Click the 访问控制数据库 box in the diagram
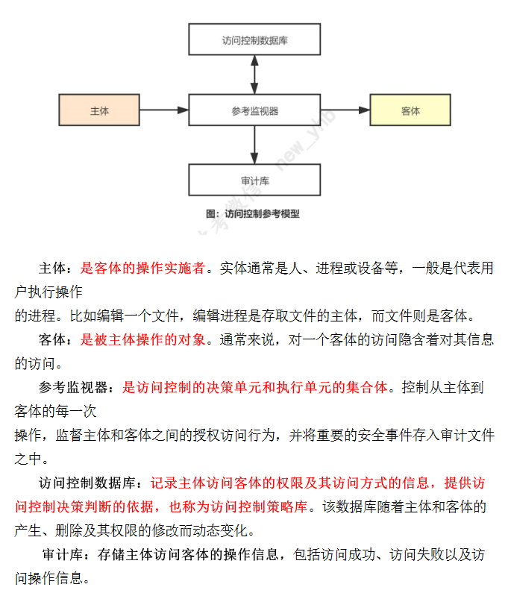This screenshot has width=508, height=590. (x=254, y=40)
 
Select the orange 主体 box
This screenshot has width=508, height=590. (x=99, y=110)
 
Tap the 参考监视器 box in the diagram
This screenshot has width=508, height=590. (x=254, y=110)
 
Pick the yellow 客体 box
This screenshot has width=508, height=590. (x=410, y=110)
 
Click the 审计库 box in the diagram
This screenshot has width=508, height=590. (x=254, y=180)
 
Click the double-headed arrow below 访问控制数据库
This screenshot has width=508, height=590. (x=254, y=75)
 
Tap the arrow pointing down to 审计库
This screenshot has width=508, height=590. (x=254, y=145)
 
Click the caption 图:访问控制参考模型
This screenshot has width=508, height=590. (x=253, y=213)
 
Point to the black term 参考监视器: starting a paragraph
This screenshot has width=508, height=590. (x=78, y=388)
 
